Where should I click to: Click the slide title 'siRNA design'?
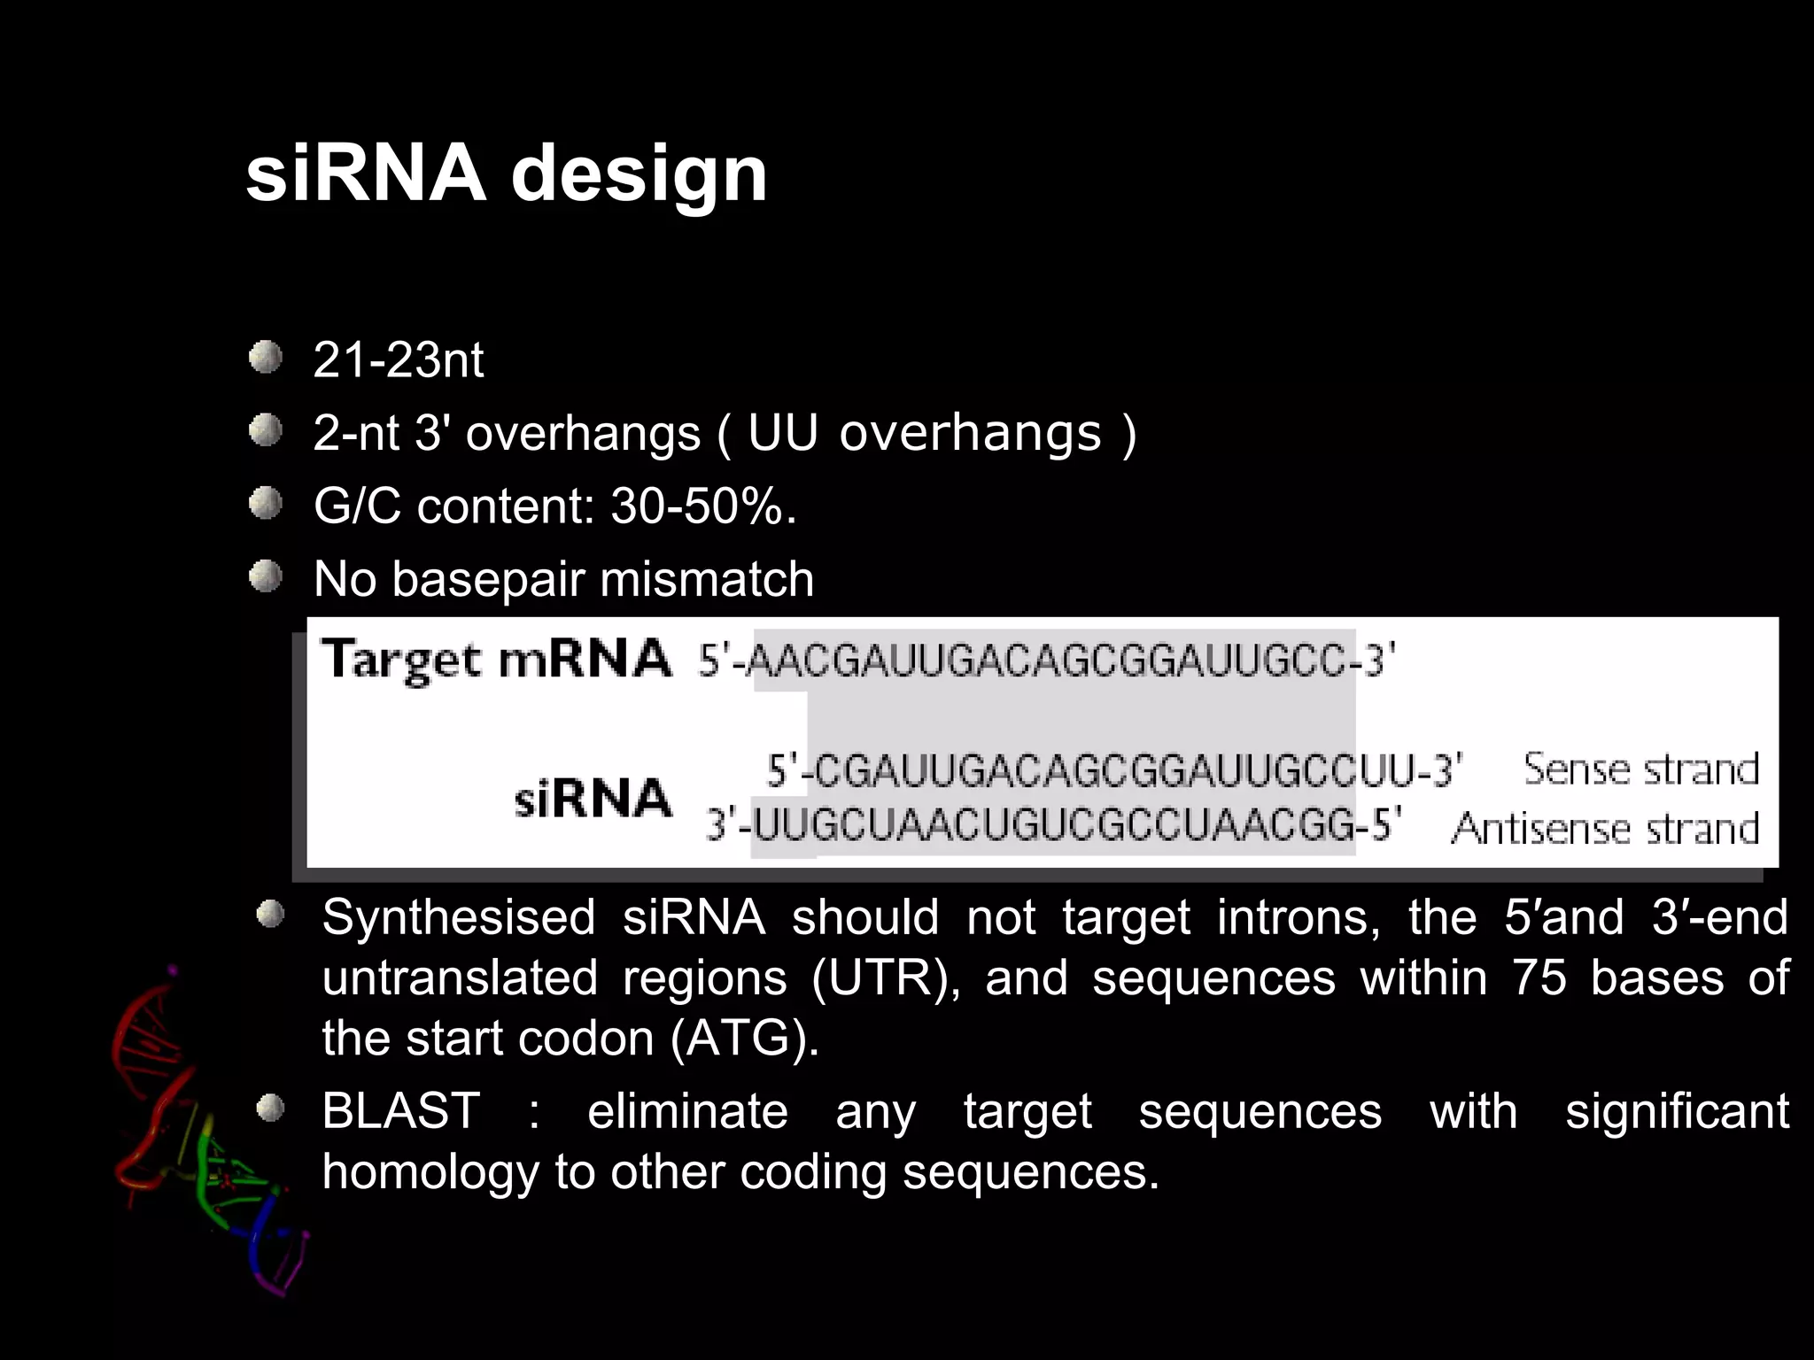click(506, 174)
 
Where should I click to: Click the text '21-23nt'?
click(398, 360)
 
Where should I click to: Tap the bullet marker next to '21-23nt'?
click(265, 359)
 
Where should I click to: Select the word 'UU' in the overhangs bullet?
click(782, 433)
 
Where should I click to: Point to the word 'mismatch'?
click(706, 580)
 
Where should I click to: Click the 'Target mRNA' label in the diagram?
click(496, 660)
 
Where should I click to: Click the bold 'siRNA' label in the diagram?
click(593, 798)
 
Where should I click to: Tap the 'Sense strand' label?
click(1640, 769)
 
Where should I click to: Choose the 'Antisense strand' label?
click(1604, 829)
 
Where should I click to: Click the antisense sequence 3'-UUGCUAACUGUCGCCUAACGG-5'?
click(1053, 826)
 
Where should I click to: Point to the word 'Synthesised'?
click(458, 917)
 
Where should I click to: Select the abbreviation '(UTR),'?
click(886, 978)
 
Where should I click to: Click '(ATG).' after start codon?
click(745, 1039)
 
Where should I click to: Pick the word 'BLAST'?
click(400, 1111)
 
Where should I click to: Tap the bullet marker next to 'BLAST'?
click(270, 1109)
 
